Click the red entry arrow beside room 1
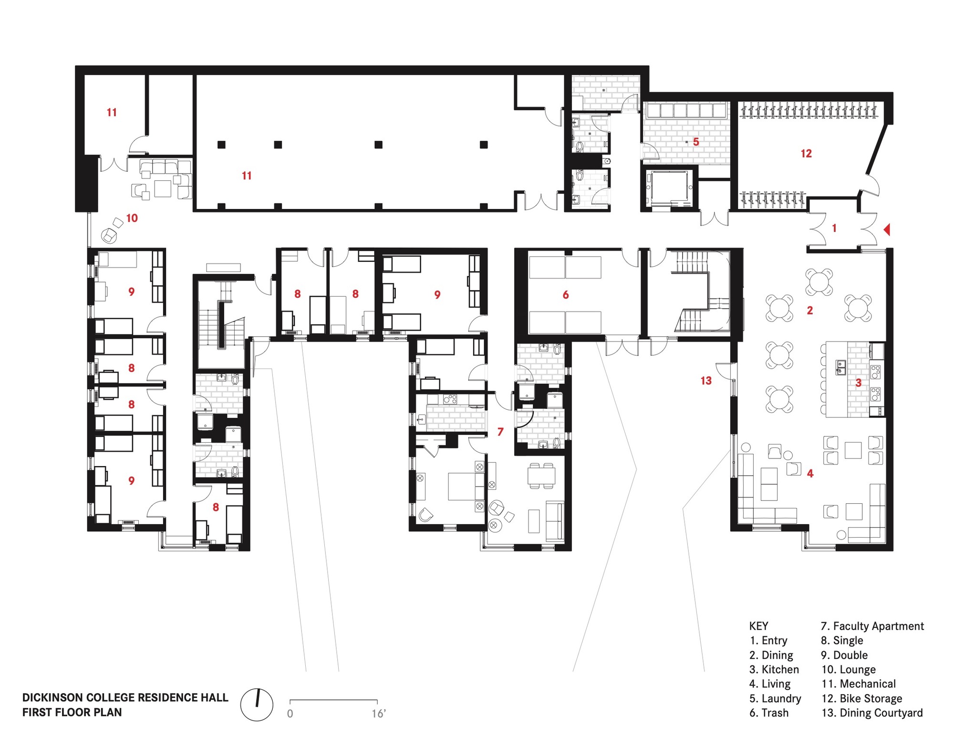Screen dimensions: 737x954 tap(887, 230)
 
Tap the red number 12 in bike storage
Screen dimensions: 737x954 tap(806, 154)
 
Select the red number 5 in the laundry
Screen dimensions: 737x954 tap(696, 142)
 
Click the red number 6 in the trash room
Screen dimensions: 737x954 tap(566, 295)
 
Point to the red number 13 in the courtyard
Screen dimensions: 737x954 tap(706, 381)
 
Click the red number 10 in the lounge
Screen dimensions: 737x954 tap(132, 218)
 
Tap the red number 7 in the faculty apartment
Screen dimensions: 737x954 tap(500, 432)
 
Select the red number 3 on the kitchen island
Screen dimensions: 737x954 tap(858, 383)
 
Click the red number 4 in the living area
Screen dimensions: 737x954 tap(810, 473)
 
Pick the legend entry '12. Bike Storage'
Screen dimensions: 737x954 tap(861, 698)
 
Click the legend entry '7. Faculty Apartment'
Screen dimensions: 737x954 tap(872, 626)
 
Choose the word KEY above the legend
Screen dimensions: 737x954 tap(758, 626)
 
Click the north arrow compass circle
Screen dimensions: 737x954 tap(257, 705)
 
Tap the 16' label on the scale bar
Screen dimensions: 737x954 tap(378, 714)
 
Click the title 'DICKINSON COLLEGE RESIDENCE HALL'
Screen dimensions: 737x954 tap(125, 697)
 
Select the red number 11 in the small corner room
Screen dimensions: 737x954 tap(112, 112)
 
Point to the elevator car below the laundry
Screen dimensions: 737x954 tap(668, 187)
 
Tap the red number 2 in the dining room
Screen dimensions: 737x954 tap(810, 311)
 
